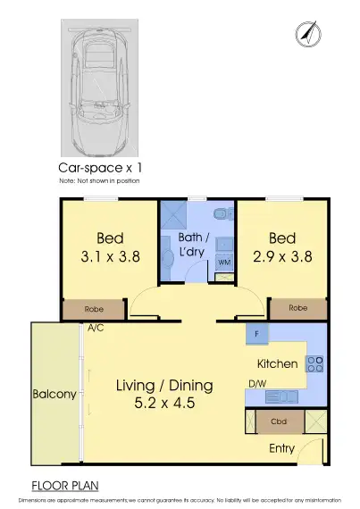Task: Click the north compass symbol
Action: pyautogui.click(x=306, y=34)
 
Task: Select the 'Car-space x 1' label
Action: pyautogui.click(x=101, y=167)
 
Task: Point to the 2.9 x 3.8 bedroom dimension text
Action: pyautogui.click(x=282, y=255)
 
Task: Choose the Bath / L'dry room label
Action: pyautogui.click(x=192, y=246)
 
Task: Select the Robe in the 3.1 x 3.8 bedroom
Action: pyautogui.click(x=94, y=309)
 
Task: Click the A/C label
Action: pyautogui.click(x=96, y=328)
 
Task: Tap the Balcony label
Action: pyautogui.click(x=54, y=394)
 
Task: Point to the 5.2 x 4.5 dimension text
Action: pyautogui.click(x=165, y=403)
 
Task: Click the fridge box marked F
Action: pyautogui.click(x=257, y=336)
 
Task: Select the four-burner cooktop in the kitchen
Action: pyautogui.click(x=314, y=363)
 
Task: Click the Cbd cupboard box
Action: pyautogui.click(x=277, y=421)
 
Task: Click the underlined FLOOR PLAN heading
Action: pyautogui.click(x=65, y=486)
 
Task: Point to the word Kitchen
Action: pyautogui.click(x=278, y=364)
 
